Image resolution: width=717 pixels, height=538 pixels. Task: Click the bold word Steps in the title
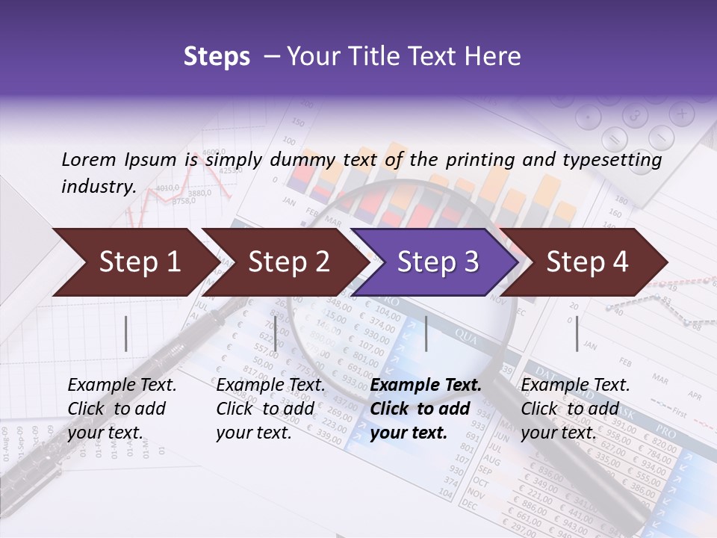[217, 57]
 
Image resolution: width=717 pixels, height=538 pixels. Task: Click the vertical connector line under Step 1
[126, 333]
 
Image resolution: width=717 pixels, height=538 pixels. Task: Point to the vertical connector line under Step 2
[276, 333]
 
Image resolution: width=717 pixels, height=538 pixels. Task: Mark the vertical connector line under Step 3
[426, 333]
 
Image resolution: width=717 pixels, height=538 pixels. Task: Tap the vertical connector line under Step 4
[577, 333]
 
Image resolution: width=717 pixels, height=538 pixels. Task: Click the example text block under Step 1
[122, 409]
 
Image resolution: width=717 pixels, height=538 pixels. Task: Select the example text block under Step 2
[270, 409]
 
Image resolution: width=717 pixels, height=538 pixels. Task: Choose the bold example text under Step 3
[426, 409]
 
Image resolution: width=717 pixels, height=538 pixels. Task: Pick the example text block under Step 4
[575, 409]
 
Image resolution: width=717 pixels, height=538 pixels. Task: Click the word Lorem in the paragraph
[89, 159]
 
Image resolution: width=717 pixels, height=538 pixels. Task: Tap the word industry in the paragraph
[99, 187]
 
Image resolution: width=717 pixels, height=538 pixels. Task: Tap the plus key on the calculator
[681, 114]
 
